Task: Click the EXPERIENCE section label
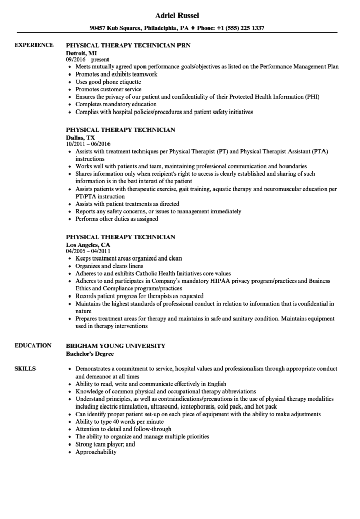[34, 45]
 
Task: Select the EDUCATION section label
[33, 345]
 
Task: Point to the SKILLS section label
[25, 369]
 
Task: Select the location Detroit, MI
[81, 53]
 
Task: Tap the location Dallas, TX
[81, 137]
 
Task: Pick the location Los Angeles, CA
[88, 244]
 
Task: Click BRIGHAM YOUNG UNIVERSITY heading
[116, 345]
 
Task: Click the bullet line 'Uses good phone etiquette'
[109, 82]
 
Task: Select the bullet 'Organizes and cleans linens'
[110, 266]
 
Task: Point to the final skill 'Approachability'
[96, 452]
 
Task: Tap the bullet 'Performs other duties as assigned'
[117, 219]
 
